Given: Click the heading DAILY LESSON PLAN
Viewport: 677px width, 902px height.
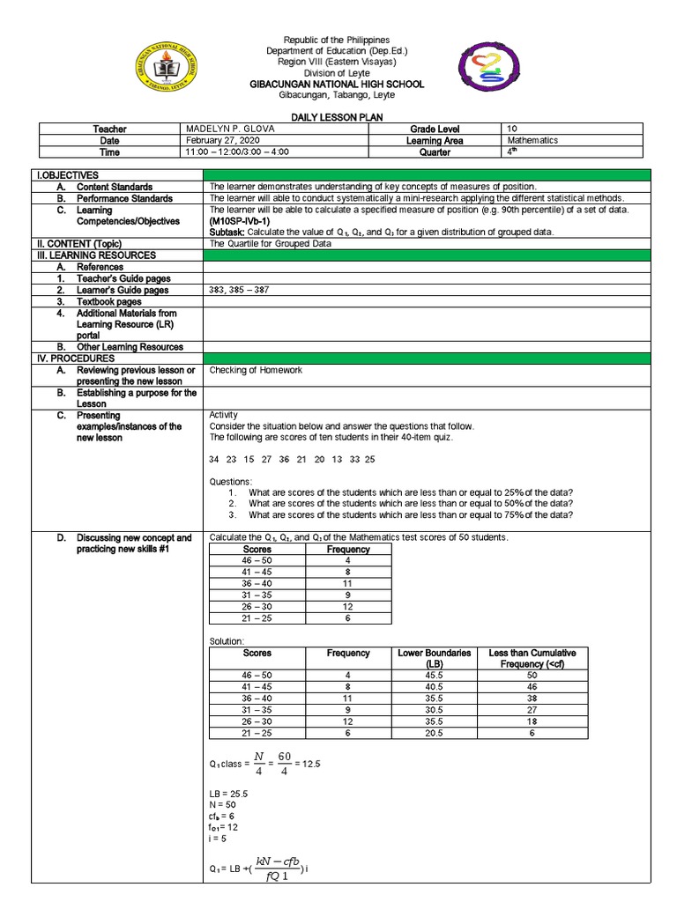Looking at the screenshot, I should (338, 117).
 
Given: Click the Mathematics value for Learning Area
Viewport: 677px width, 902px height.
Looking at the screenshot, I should (532, 141).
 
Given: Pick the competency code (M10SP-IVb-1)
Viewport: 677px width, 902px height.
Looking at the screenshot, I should (240, 221).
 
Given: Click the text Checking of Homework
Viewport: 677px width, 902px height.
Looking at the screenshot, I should (256, 370).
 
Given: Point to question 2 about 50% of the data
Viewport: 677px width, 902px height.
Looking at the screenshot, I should (410, 504).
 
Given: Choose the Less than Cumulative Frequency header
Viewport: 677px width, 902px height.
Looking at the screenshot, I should (532, 658).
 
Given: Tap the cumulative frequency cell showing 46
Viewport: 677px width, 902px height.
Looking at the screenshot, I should (532, 686).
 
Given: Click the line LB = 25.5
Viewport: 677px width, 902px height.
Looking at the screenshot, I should (228, 794).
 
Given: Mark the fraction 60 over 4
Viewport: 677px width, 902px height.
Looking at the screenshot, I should (284, 764).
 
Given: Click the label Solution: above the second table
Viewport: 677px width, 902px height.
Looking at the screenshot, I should (226, 640).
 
